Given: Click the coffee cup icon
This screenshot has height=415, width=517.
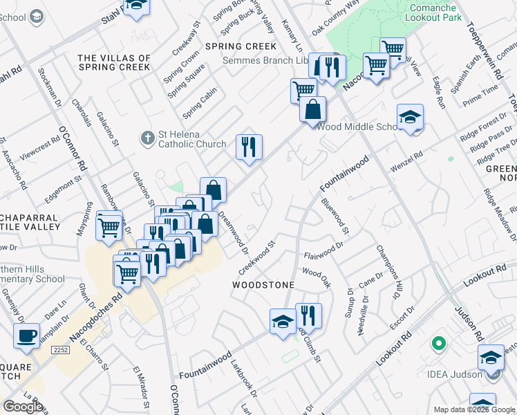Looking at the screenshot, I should tap(26, 336).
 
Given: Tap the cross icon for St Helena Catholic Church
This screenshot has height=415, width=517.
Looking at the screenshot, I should tap(147, 138).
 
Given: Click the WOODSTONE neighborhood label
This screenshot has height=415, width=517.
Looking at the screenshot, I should tap(263, 285).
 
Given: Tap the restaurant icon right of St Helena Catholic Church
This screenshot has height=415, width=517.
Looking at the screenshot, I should tap(249, 147).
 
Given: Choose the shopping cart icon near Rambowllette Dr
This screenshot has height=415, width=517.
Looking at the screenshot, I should tap(109, 225).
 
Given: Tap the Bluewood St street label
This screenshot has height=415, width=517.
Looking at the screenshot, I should tap(335, 215).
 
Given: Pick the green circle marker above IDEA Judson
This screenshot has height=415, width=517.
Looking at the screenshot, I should tap(437, 342).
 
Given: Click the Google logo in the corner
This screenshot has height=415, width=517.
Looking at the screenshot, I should tap(22, 407).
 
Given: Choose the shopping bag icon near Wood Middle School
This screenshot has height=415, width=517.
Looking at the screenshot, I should tap(312, 109).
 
